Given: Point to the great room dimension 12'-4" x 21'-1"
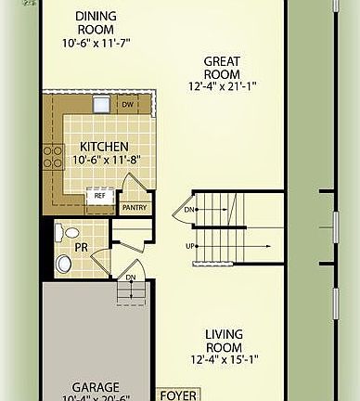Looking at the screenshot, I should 223,87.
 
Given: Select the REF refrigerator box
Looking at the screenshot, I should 98,196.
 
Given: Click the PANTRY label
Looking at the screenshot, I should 135,207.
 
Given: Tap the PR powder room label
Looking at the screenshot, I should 81,248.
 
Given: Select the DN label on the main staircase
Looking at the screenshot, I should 189,210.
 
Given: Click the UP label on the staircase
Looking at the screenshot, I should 190,246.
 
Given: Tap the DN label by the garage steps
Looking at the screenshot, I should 131,277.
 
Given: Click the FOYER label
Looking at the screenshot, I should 176,394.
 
